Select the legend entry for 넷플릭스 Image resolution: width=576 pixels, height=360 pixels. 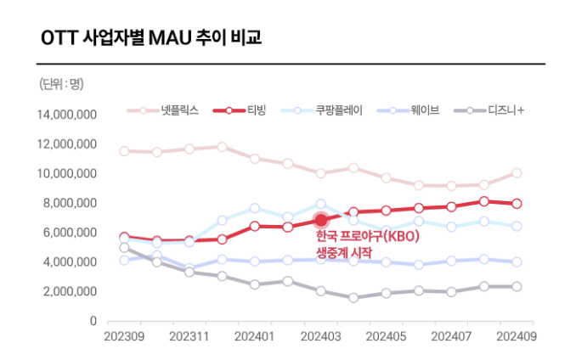tap(163, 110)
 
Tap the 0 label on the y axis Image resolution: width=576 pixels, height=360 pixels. tap(93, 321)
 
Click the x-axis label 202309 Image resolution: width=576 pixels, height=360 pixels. tap(124, 336)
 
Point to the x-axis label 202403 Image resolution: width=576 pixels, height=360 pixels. tap(321, 336)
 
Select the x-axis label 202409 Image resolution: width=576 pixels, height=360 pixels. tap(517, 336)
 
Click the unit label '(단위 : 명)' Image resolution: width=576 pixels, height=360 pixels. tap(62, 83)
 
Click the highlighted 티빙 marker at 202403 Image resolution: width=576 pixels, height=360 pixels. tap(321, 221)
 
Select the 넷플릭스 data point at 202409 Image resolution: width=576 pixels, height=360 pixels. tap(517, 173)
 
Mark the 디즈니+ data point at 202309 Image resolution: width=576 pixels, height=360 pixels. tap(124, 248)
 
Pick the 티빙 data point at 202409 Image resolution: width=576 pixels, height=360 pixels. tap(517, 204)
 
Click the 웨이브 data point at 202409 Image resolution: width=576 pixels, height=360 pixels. tap(517, 262)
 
